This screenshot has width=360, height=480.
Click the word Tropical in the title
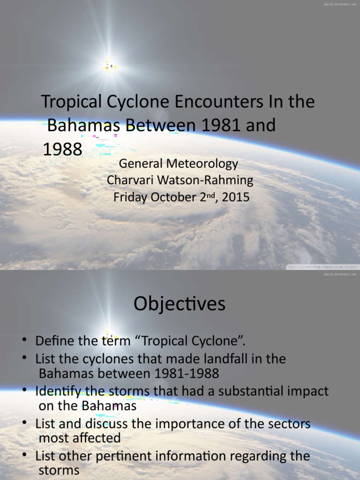tap(71, 102)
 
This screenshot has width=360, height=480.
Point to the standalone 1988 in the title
tap(62, 149)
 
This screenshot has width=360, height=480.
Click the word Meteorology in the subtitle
tap(202, 164)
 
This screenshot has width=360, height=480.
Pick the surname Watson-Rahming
tap(205, 180)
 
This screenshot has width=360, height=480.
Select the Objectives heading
tap(180, 304)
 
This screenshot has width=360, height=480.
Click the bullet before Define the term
tap(24, 340)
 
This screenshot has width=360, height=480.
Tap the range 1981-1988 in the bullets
tap(187, 374)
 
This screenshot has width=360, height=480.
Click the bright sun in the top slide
tap(110, 66)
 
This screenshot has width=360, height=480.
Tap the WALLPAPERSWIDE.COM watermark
tap(322, 267)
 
